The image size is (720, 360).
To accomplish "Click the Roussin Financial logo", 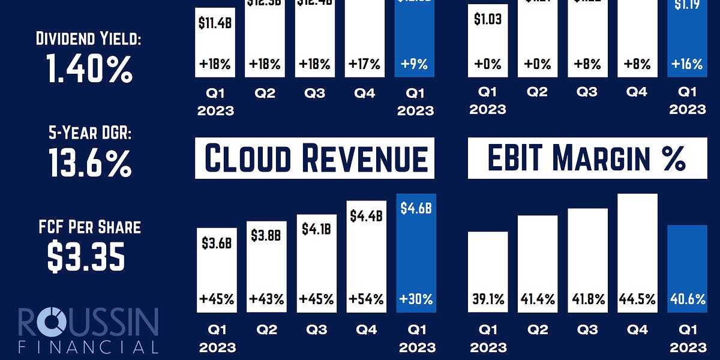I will [x=88, y=331].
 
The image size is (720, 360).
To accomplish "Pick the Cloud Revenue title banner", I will [x=314, y=158].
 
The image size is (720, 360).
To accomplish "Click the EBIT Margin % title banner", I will [x=586, y=158].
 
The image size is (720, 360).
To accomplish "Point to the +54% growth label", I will [x=365, y=299].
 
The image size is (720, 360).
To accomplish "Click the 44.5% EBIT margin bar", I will [x=637, y=252].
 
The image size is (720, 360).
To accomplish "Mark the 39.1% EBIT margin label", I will [x=488, y=299].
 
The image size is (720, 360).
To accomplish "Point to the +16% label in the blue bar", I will [x=688, y=64].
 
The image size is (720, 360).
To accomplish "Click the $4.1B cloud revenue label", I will [x=316, y=230].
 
